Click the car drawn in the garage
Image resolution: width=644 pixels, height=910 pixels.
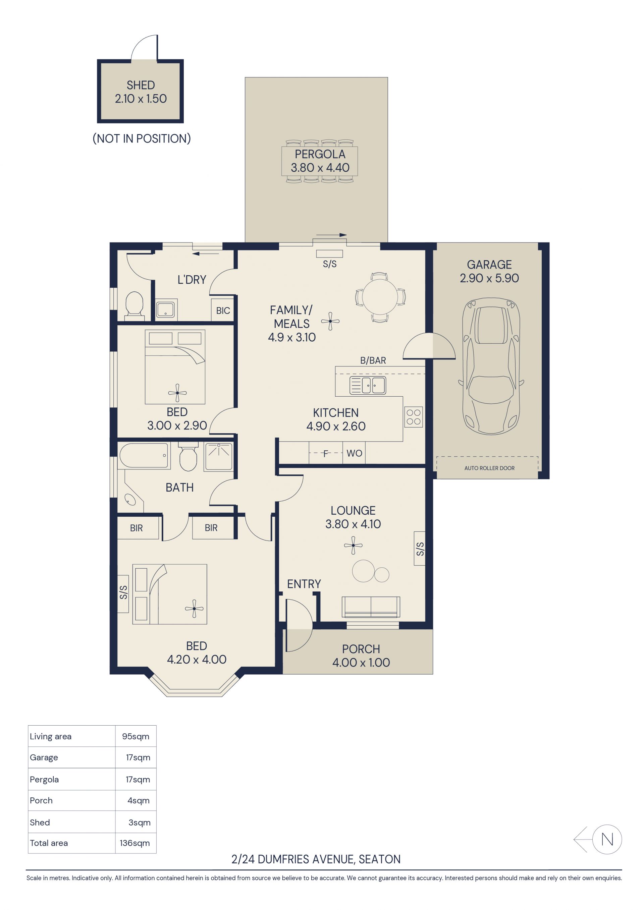491,366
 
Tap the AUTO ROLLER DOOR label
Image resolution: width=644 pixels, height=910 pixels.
489,468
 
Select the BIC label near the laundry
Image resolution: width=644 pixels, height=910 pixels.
223,311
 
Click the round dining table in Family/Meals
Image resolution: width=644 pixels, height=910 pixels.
379,297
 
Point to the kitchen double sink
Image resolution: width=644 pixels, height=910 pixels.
368,385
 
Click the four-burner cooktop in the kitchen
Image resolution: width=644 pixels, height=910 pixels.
414,417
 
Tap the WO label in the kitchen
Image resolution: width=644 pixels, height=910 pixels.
354,453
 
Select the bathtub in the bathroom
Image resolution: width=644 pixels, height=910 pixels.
144,455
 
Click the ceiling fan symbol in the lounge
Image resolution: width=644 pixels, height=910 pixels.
353,546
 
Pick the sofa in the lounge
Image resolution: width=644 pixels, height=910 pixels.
371,607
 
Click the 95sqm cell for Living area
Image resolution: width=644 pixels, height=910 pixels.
136,736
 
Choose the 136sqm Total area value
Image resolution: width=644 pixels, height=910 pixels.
135,843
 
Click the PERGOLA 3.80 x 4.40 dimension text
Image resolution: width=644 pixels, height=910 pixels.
320,168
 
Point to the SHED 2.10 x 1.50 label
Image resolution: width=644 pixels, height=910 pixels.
141,92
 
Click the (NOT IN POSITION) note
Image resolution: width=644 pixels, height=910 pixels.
142,138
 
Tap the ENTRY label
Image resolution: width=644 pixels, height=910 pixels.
304,584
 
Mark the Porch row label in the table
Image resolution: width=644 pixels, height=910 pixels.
41,800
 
